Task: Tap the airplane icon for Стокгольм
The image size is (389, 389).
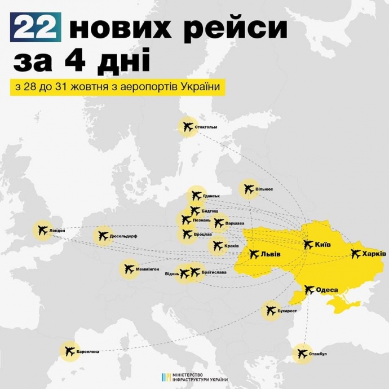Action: [186, 127]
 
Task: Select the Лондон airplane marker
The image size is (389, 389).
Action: [41, 231]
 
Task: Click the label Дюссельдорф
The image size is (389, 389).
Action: [124, 237]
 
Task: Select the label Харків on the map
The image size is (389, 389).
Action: [375, 253]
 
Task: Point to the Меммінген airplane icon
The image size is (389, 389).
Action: [128, 269]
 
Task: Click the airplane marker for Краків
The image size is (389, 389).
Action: [217, 246]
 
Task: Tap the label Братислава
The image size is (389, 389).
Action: [214, 272]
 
